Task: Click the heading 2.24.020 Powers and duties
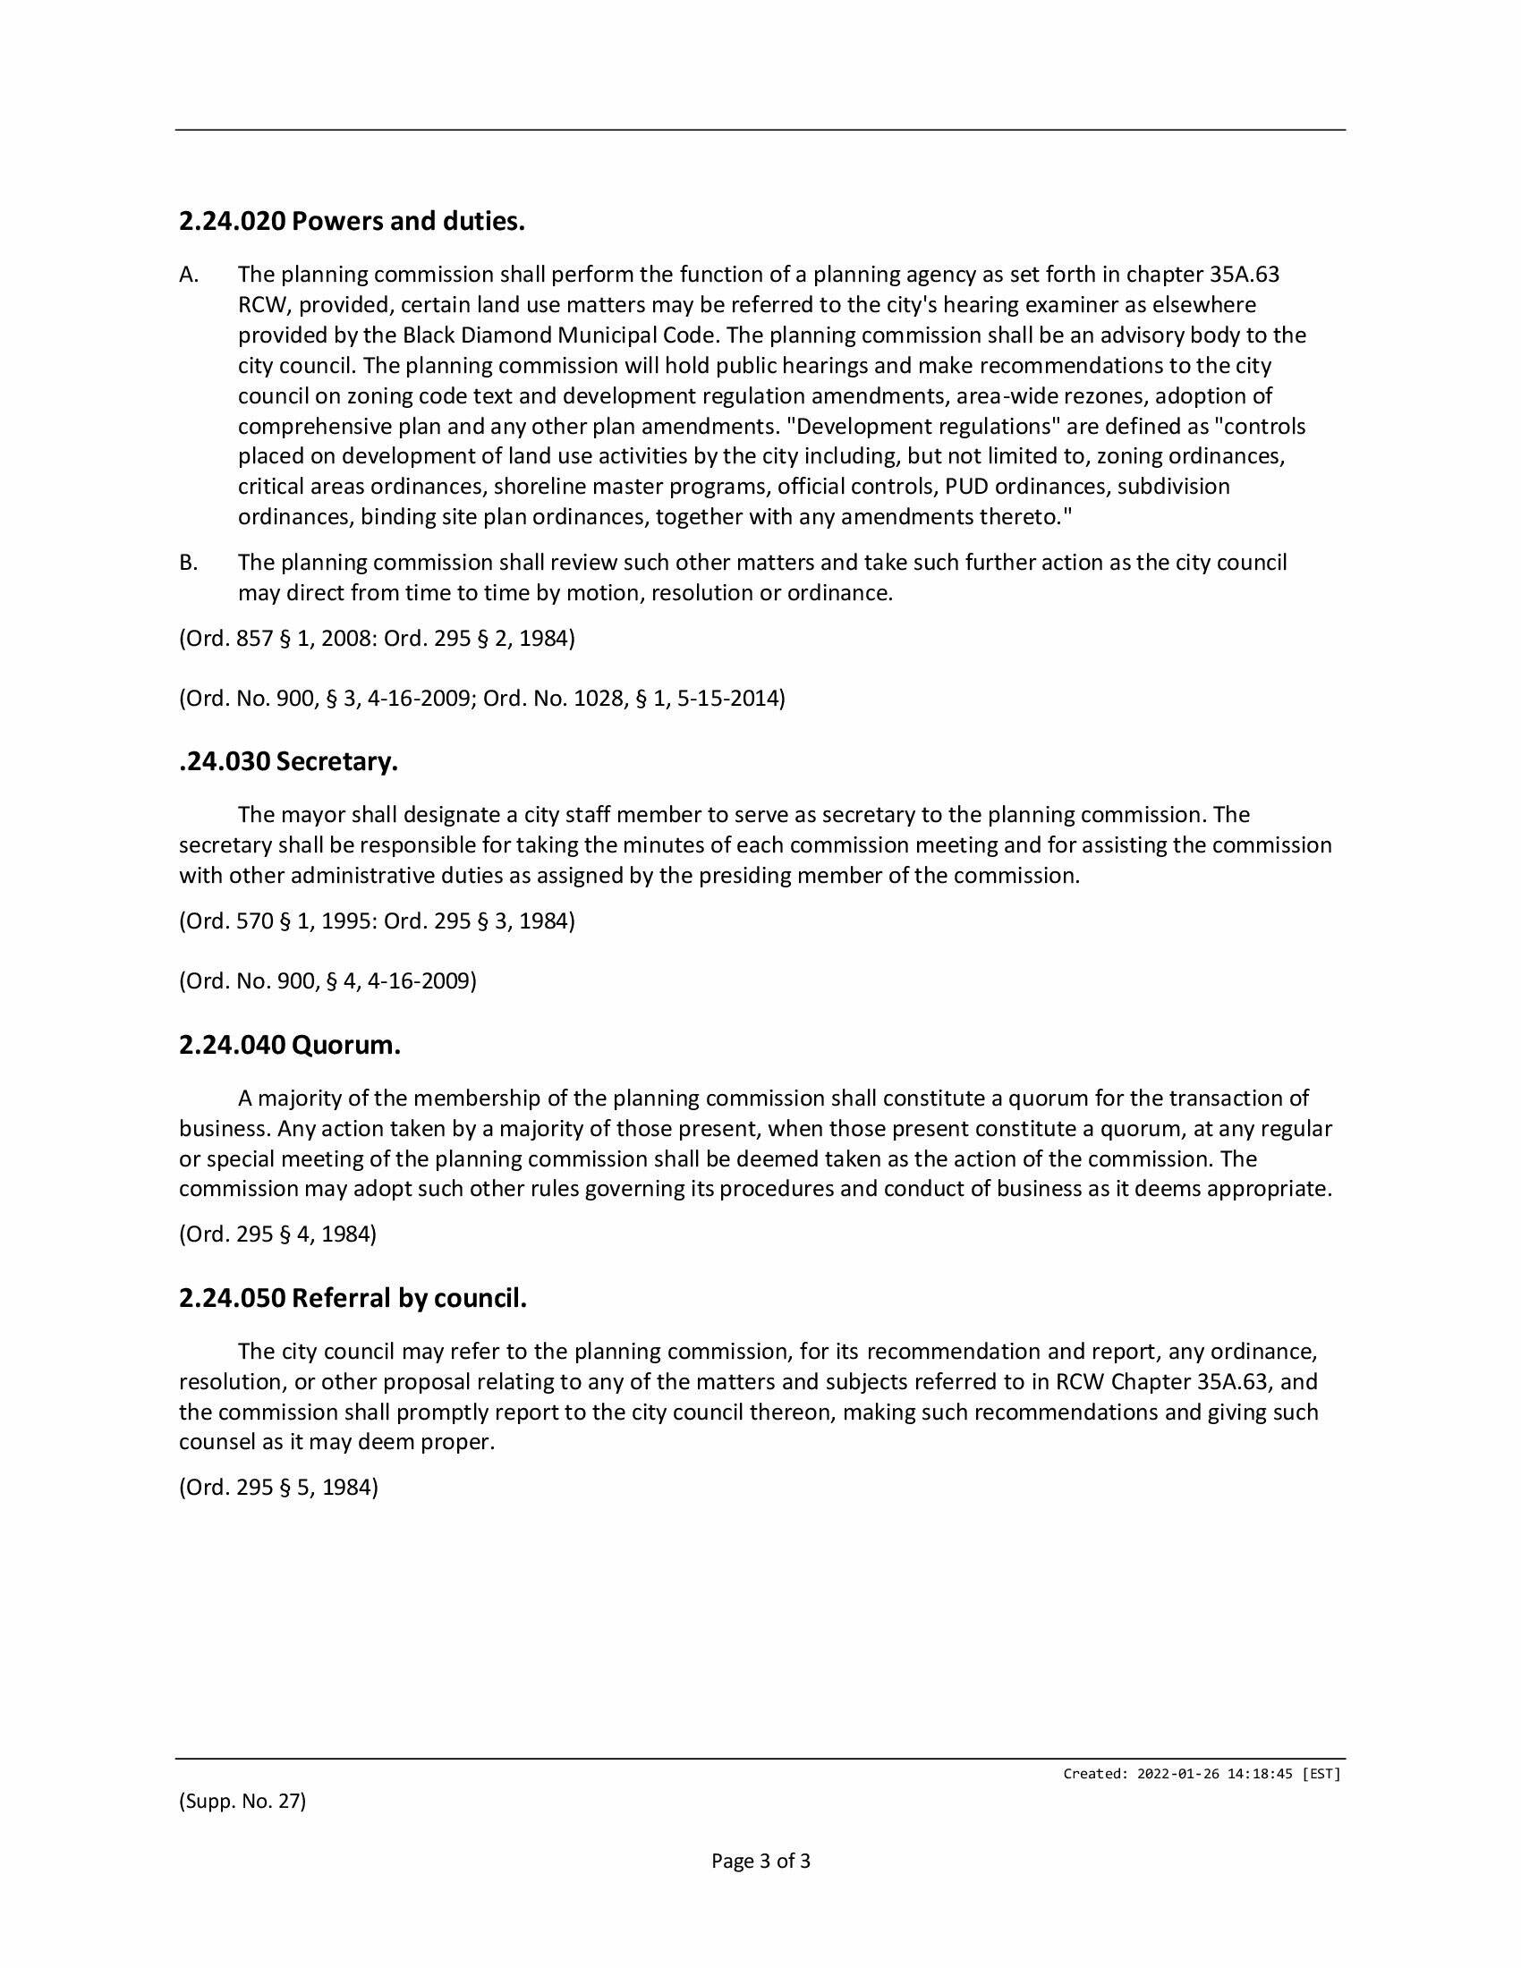coord(352,221)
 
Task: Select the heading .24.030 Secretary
coord(288,761)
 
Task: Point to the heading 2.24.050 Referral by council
coord(353,1299)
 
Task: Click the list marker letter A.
coord(188,275)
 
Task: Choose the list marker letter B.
coord(188,564)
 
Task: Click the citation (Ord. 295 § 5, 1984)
coord(278,1487)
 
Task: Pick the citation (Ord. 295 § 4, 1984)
coord(277,1234)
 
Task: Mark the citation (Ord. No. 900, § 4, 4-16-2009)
coord(328,980)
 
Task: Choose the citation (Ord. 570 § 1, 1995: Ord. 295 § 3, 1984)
coord(377,920)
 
